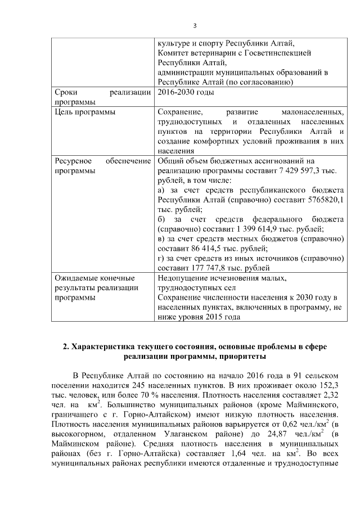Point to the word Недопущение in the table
[x=185, y=278]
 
